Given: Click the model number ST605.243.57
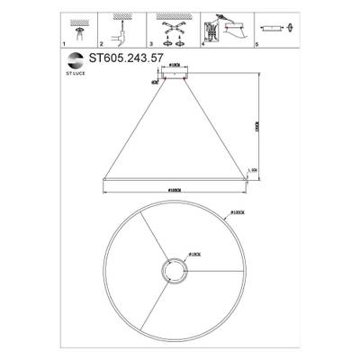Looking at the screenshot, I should (127, 56).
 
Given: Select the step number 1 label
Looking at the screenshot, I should (64, 43).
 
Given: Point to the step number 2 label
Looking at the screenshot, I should (101, 43).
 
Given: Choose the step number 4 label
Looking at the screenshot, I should (203, 43).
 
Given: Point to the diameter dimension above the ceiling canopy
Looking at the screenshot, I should (174, 67).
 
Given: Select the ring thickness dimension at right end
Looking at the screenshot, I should (254, 170).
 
